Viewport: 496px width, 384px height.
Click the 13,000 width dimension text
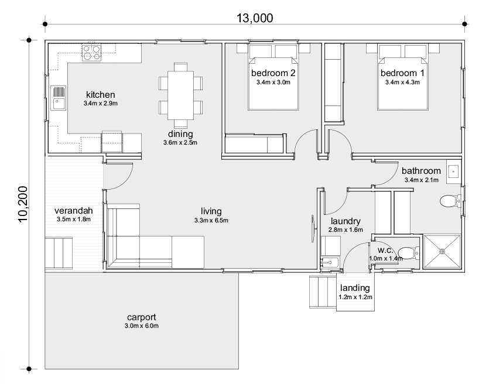[255, 18]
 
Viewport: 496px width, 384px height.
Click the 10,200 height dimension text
[23, 204]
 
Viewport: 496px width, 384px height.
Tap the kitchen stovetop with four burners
[92, 53]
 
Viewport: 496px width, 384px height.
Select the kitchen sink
[59, 98]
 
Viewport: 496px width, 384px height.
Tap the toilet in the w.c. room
[408, 253]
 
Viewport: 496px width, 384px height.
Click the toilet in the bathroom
[450, 201]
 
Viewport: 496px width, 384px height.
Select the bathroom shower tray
[442, 252]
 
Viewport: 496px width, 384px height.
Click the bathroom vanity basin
[454, 172]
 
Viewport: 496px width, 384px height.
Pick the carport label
[141, 317]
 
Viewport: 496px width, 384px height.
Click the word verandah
[73, 210]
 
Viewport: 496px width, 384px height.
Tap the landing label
[355, 288]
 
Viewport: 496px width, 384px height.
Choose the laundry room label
[346, 221]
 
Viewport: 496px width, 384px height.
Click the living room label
[211, 211]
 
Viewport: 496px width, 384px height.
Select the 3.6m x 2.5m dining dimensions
[180, 143]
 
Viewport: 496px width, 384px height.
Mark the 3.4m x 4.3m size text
[402, 82]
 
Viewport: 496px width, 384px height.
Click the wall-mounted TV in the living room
[313, 229]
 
